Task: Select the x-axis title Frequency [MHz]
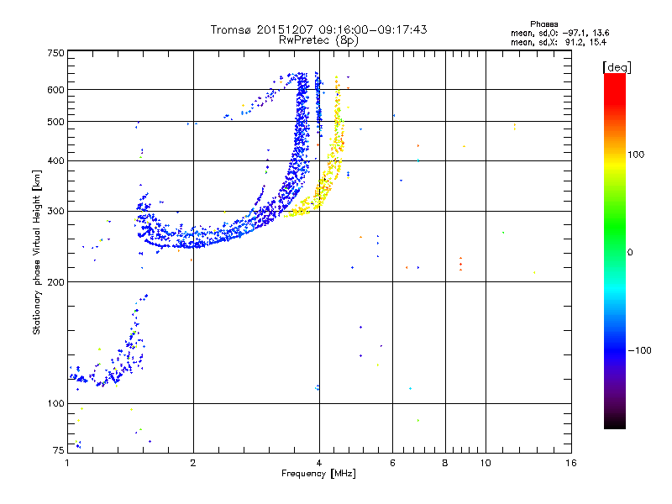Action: pyautogui.click(x=318, y=475)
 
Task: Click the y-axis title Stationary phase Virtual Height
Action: pyautogui.click(x=37, y=252)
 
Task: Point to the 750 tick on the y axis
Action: pyautogui.click(x=55, y=53)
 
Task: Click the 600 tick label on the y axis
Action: pyautogui.click(x=55, y=90)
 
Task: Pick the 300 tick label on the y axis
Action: pyautogui.click(x=55, y=211)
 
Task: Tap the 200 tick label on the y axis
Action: pyautogui.click(x=55, y=281)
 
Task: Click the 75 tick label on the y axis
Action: pyautogui.click(x=58, y=450)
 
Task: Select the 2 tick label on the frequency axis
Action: pyautogui.click(x=193, y=462)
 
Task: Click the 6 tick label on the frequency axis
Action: pyautogui.click(x=392, y=462)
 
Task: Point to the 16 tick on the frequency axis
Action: pyautogui.click(x=570, y=462)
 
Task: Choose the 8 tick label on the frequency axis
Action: pyautogui.click(x=445, y=462)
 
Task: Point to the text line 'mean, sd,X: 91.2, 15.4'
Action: pyautogui.click(x=559, y=41)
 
